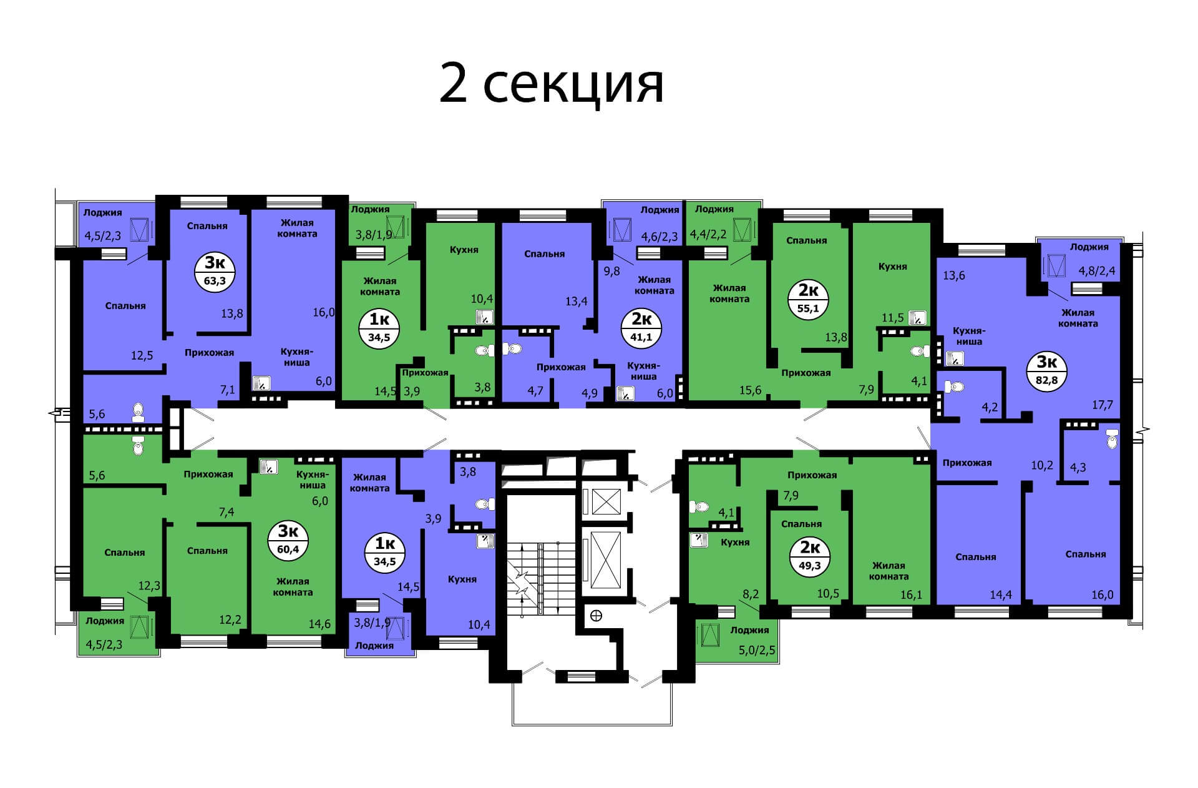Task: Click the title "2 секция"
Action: coord(552,83)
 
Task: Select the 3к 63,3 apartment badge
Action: coord(215,272)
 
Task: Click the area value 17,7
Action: coord(1103,405)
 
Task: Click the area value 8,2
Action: coord(750,594)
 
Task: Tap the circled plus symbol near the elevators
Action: coord(597,616)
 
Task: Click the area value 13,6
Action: coord(954,275)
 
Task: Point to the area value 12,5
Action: coord(142,355)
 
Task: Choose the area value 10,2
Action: coord(1041,465)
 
